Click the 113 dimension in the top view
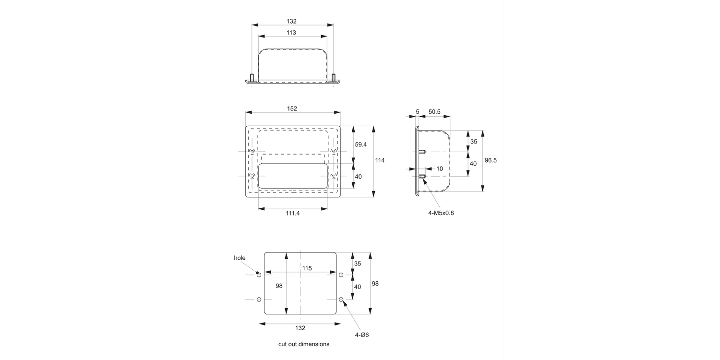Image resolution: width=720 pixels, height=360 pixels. [291, 33]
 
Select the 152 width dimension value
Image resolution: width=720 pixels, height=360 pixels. [292, 108]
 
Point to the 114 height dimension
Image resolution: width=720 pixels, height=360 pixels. [380, 160]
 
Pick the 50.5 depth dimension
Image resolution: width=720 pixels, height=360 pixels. [434, 111]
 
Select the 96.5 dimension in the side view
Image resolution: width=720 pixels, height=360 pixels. [491, 160]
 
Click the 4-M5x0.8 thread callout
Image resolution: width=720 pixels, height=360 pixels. [441, 213]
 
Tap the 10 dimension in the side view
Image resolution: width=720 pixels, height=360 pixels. [440, 168]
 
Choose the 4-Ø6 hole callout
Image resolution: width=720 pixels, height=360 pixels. [361, 335]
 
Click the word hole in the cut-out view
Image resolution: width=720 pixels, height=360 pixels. [240, 258]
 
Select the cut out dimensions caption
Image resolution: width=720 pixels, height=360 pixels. [304, 344]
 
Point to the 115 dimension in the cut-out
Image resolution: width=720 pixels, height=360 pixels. [307, 268]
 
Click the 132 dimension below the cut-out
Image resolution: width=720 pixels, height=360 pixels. [300, 328]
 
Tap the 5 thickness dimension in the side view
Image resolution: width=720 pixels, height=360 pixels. [418, 111]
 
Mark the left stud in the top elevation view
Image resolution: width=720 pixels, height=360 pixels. [252, 77]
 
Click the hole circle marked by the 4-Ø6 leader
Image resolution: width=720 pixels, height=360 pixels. [341, 300]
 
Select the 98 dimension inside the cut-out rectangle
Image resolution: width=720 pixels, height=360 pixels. [279, 286]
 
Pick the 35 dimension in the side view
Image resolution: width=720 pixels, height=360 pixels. [474, 142]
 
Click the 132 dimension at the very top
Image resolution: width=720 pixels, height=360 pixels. [291, 21]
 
